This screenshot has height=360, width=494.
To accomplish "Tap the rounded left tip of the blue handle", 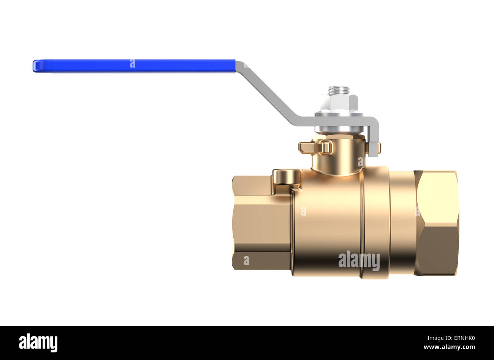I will (35, 66).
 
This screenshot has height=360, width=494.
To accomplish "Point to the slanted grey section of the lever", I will (266, 93).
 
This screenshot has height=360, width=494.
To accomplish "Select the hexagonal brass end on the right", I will (437, 223).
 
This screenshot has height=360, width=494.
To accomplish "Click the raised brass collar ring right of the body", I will (376, 223).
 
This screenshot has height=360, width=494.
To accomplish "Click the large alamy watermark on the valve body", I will (359, 261).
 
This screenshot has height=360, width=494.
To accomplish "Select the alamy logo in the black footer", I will (38, 343).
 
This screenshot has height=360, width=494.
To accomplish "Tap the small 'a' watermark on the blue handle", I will (132, 64).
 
